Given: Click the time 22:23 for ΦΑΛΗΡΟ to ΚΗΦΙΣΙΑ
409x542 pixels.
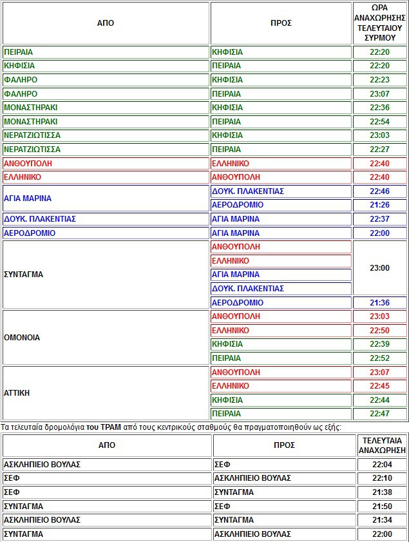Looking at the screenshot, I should [379, 80].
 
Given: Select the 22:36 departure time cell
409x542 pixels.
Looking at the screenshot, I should [379, 108].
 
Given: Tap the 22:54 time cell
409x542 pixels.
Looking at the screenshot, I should [379, 122].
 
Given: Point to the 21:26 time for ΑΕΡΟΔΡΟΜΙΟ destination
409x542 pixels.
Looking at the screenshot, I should [379, 205].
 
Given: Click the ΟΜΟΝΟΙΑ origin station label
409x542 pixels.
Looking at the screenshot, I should [22, 337].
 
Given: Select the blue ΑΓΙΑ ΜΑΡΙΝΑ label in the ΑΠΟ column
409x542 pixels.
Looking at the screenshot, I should [28, 198].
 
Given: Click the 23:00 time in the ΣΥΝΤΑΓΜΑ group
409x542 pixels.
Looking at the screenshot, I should [379, 267].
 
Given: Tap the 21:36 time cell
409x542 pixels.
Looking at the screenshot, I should [379, 303].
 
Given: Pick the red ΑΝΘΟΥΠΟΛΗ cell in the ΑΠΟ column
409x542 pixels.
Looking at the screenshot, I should [28, 164].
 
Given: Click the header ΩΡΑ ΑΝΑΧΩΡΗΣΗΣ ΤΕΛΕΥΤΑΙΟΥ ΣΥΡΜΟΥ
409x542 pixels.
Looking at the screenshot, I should [379, 23].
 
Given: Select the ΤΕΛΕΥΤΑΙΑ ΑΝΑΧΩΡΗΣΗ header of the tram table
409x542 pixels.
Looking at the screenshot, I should [382, 445].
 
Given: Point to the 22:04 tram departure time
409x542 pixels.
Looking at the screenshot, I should [382, 464].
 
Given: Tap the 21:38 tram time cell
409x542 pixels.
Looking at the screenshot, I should [382, 492].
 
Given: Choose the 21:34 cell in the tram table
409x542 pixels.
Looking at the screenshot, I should [382, 520].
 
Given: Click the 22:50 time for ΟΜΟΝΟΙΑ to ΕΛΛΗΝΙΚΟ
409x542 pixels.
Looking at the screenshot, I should [379, 331].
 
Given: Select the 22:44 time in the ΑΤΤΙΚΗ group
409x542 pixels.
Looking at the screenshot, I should [379, 400].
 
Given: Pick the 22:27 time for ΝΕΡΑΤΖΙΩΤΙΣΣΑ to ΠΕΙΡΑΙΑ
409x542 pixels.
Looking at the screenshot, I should [379, 150].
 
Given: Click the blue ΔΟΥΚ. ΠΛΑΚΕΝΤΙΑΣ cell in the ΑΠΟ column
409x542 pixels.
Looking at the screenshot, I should [40, 219].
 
